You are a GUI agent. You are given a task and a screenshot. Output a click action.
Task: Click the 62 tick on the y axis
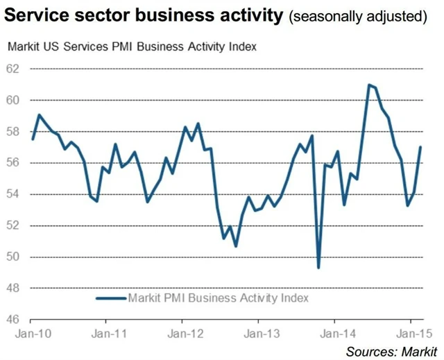pos(15,69)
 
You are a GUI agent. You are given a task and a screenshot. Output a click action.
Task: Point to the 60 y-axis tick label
pos(15,101)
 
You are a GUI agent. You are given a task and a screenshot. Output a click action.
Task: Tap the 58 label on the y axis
pos(15,132)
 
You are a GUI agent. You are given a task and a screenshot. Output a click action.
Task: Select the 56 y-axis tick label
pos(15,163)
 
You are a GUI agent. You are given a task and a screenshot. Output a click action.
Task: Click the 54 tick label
pos(15,194)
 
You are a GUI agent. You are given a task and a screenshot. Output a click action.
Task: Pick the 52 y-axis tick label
pos(15,225)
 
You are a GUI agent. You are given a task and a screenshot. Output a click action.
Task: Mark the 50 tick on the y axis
pos(15,257)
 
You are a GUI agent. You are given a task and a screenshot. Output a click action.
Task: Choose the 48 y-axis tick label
pos(15,289)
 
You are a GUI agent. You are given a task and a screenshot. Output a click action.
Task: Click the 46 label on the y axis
pos(15,320)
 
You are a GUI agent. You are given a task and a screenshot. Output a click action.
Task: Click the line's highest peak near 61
pos(369,85)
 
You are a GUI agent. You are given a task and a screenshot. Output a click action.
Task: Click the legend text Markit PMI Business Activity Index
pos(218,298)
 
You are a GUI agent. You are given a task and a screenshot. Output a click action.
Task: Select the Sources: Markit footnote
pos(392,350)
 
